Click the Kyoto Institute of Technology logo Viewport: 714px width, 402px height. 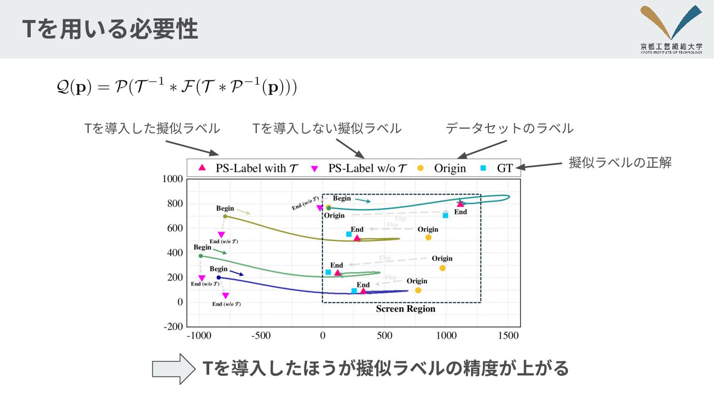[x=671, y=29]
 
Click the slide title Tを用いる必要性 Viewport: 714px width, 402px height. [x=110, y=30]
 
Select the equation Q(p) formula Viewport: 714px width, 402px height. [x=176, y=88]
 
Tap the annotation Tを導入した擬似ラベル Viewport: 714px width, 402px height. [x=152, y=129]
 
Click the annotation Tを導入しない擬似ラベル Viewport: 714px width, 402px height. [x=327, y=129]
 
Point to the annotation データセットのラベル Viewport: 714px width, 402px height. [x=509, y=129]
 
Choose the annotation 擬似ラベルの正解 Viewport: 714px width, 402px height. [x=620, y=163]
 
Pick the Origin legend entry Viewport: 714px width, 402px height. [x=442, y=168]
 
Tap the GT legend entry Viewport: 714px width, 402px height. [x=498, y=168]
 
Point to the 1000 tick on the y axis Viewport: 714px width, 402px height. [x=173, y=179]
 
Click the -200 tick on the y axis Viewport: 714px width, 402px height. [x=173, y=327]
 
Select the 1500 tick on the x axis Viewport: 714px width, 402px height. [x=508, y=336]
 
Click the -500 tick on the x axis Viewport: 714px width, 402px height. [x=261, y=336]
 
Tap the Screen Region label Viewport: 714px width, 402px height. [x=406, y=309]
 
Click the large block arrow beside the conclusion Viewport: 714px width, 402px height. [x=173, y=369]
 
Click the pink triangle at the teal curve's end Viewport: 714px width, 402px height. [x=461, y=203]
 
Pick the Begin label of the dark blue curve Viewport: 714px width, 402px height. [x=218, y=269]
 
